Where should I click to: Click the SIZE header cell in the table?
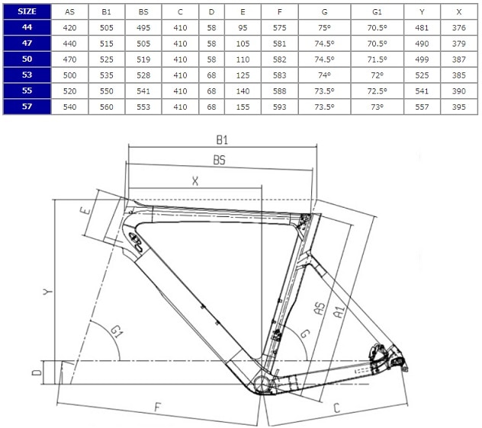[x=27, y=11]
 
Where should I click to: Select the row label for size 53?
[x=27, y=75]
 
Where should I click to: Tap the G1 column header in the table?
[x=378, y=12]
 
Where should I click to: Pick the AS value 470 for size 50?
[x=69, y=59]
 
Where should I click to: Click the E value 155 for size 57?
[x=243, y=107]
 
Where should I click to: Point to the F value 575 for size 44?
[x=279, y=27]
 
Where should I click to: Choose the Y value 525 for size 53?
[x=422, y=75]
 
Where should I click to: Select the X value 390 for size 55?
[x=459, y=91]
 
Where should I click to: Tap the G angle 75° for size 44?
[x=324, y=27]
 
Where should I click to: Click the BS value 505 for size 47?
[x=143, y=43]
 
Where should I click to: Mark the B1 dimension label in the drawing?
[x=222, y=140]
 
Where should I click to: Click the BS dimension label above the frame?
[x=220, y=160]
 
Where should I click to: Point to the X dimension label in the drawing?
[x=195, y=181]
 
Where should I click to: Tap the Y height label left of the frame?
[x=47, y=291]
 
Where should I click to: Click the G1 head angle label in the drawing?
[x=117, y=331]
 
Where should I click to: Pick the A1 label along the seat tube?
[x=339, y=312]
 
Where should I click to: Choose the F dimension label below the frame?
[x=157, y=407]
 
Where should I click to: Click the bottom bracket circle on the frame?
[x=262, y=383]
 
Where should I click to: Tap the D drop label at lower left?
[x=37, y=372]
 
